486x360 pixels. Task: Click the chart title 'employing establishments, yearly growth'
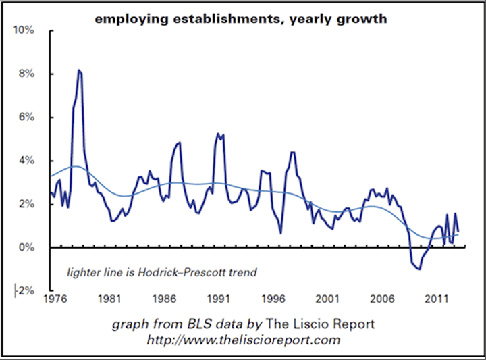[241, 19]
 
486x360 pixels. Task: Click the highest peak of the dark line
[79, 70]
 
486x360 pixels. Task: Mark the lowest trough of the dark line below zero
[420, 269]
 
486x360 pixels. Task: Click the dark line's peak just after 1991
[217, 134]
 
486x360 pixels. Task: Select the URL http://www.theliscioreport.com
[244, 340]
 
